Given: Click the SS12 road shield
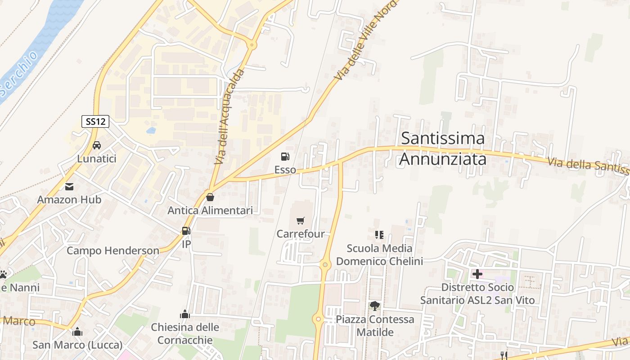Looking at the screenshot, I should [95, 121].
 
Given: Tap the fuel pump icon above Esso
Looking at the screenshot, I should [285, 157].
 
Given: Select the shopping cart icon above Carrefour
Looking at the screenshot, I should [301, 220].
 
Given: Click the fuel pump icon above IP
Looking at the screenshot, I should [186, 231].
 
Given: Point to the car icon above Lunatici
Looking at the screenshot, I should [97, 145].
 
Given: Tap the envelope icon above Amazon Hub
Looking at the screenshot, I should [69, 186].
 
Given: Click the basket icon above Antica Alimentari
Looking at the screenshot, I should [210, 197].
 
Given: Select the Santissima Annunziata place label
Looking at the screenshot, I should [443, 148].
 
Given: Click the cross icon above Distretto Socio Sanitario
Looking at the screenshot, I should [477, 274].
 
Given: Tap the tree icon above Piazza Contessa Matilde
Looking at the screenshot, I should [374, 306].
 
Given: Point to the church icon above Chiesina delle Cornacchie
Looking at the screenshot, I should [185, 314].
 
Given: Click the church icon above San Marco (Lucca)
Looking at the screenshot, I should [77, 332].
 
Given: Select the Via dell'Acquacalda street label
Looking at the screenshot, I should [229, 117].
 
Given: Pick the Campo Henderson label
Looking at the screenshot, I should [113, 251].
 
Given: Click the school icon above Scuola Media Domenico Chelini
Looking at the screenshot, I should [379, 234].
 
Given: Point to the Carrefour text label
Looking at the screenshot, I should [301, 234].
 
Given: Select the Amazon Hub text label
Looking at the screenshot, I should [69, 199].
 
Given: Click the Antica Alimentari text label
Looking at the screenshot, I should [210, 210].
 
